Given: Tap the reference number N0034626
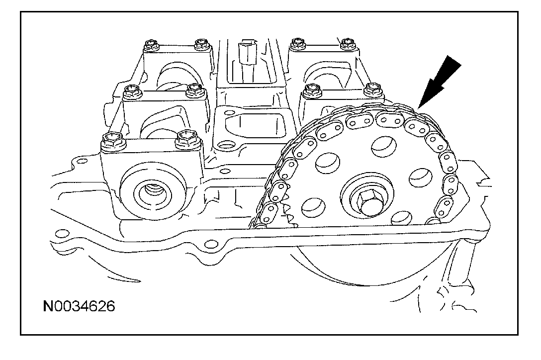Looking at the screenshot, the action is click(79, 305).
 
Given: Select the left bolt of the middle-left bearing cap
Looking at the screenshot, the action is click(131, 91).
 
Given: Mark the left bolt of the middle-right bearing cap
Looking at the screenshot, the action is click(312, 91).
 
